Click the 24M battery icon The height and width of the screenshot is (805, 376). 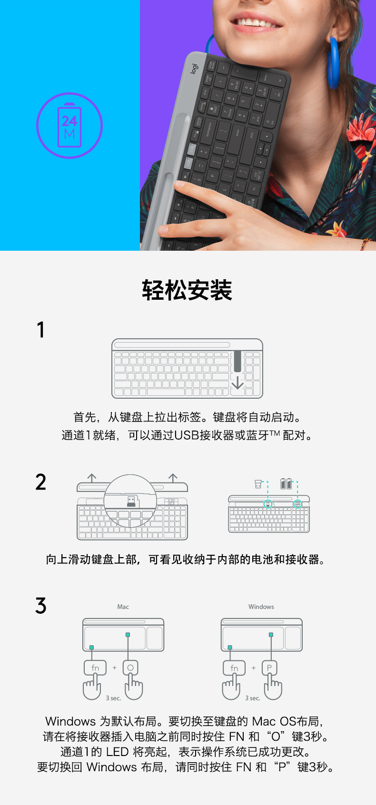(69, 126)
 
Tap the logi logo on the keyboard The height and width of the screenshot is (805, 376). (194, 69)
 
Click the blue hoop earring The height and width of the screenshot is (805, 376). (333, 62)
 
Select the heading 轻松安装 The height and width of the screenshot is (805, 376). (187, 290)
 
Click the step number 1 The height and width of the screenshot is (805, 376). (41, 330)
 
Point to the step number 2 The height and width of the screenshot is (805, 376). (40, 482)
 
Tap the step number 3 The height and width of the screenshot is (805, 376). (40, 606)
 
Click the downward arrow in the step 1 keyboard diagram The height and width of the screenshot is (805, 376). (237, 383)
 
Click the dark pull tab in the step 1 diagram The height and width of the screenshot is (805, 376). (237, 361)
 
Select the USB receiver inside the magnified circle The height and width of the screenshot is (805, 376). (131, 501)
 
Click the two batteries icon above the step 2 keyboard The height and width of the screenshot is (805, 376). (286, 484)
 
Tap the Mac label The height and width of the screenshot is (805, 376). (123, 607)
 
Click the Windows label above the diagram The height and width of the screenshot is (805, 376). (261, 607)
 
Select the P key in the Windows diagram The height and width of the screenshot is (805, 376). (269, 668)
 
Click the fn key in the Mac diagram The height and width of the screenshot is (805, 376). (95, 668)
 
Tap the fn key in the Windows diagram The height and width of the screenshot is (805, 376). (234, 668)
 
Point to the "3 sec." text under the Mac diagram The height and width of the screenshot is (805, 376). (113, 698)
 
